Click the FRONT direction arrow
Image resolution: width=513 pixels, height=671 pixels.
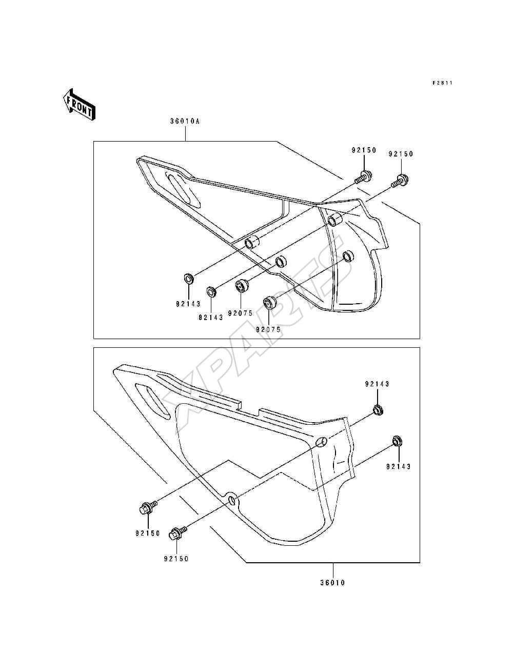point(79,104)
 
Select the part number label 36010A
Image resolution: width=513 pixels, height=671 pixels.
point(185,121)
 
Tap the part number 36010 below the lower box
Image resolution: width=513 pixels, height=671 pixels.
point(332,583)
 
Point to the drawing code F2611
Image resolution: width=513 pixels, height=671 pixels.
point(442,83)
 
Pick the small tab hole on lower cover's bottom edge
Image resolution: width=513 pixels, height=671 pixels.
point(233,500)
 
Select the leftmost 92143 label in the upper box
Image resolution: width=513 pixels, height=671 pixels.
point(188,304)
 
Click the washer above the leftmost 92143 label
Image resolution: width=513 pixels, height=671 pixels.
point(188,279)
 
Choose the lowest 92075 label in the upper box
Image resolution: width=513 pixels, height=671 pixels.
point(268,329)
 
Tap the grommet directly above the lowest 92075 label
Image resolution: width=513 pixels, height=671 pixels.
point(270,303)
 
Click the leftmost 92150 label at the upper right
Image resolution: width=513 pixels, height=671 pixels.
point(364,150)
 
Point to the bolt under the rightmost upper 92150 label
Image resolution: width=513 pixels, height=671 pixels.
point(400,181)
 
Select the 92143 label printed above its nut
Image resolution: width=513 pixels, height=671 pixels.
point(377,384)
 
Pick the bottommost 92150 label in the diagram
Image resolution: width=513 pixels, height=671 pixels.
point(176,559)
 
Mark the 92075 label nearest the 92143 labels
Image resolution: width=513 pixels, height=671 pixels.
point(240,313)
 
